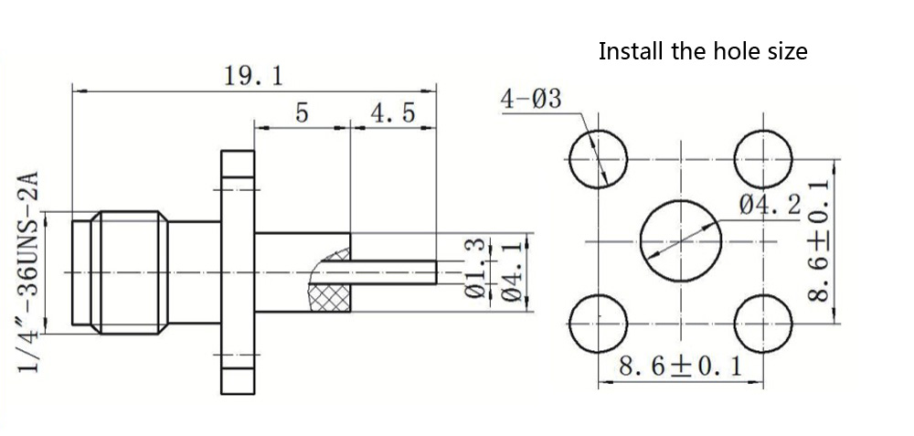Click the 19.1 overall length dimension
tap(253, 76)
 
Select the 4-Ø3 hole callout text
tap(530, 99)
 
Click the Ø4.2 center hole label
tap(770, 206)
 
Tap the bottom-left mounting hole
tap(598, 324)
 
